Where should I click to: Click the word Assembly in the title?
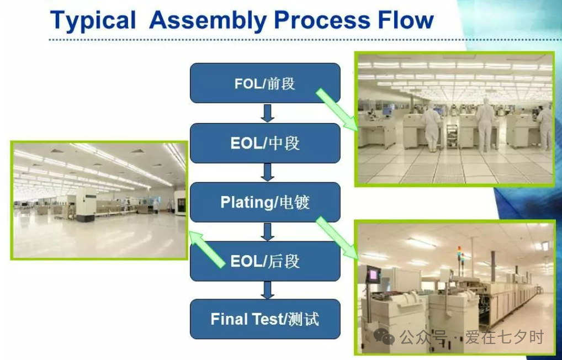click(208, 21)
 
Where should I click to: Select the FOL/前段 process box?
click(265, 83)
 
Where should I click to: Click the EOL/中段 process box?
click(265, 143)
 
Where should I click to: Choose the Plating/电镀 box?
click(265, 202)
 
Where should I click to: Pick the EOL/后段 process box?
click(265, 261)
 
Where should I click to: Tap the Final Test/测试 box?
click(265, 319)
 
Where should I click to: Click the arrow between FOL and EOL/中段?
click(267, 113)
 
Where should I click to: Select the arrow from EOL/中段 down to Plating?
click(267, 172)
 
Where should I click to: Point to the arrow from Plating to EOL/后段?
click(267, 232)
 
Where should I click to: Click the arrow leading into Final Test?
click(267, 290)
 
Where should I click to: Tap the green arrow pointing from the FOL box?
click(337, 110)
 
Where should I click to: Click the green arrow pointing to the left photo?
click(207, 250)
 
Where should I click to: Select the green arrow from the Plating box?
click(337, 237)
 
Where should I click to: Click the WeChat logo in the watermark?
click(384, 337)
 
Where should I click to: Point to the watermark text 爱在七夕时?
click(505, 337)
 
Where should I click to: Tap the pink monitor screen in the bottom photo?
click(373, 275)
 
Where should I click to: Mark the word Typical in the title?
click(93, 21)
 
